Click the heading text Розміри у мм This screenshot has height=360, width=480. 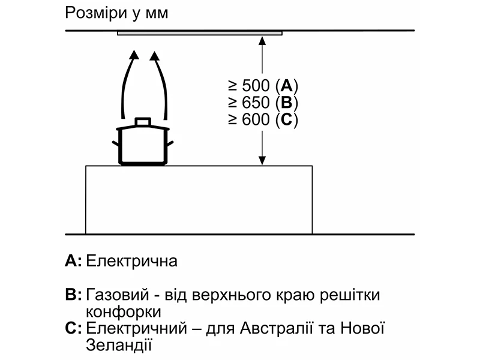pos(116,13)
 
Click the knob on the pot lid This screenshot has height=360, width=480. pos(143,121)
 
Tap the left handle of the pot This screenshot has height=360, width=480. pos(116,143)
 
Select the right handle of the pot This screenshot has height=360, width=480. pos(170,143)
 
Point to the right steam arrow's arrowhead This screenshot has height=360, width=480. pos(155,57)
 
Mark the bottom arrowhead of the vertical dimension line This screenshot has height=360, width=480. pos(262,160)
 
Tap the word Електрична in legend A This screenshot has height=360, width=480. pos(132,262)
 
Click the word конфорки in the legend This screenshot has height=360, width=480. pos(124,312)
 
